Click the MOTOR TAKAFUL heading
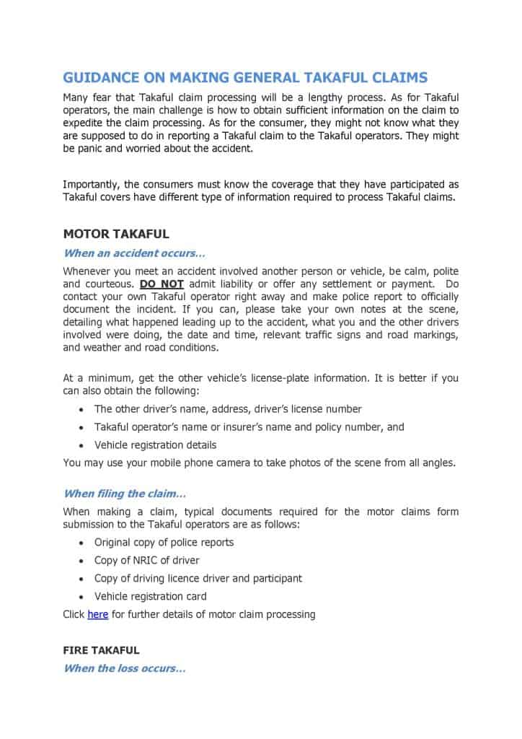116,234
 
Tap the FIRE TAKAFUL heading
101,650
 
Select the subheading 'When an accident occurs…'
134,253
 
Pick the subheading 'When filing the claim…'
125,494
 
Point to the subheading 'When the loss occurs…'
125,668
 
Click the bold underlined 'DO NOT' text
162,284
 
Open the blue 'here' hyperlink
97,615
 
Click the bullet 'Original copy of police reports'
164,542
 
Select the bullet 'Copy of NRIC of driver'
146,560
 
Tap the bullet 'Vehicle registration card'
150,596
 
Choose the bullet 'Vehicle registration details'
155,445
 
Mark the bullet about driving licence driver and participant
198,578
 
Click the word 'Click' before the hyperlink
74,615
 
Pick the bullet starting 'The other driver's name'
228,408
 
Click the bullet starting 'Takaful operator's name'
249,427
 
